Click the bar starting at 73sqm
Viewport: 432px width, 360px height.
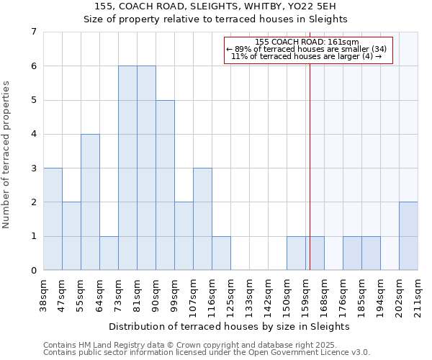[x=127, y=168]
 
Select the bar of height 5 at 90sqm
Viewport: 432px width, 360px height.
[x=165, y=185]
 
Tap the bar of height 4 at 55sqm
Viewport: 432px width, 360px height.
[x=90, y=202]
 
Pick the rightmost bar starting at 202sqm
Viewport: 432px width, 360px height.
[x=408, y=236]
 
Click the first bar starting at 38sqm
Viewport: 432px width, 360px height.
[x=53, y=219]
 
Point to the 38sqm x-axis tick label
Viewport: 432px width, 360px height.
[x=43, y=292]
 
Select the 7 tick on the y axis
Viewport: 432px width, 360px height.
[x=33, y=32]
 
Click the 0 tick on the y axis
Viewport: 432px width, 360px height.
[x=33, y=270]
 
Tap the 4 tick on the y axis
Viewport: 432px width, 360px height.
[x=33, y=134]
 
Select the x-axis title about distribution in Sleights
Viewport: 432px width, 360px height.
[x=230, y=326]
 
